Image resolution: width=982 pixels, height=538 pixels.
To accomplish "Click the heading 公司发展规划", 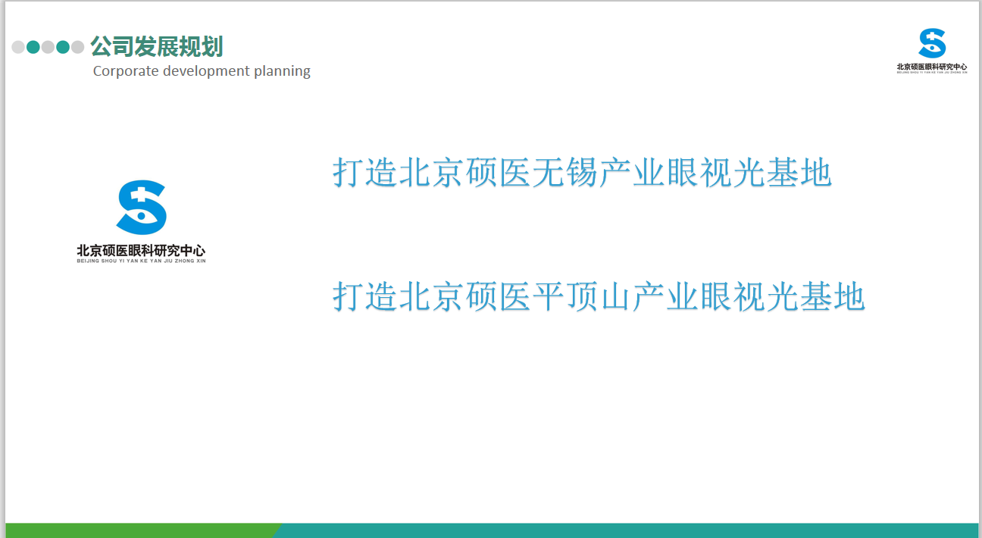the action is pos(157,46).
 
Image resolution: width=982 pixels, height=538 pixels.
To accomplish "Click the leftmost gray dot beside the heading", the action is pos(18,47).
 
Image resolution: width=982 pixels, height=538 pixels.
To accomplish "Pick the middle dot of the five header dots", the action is pos(48,47).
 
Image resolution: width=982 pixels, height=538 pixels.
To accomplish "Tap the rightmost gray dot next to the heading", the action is pos(77,47).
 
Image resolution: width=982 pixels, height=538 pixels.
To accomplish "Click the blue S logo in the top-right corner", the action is pos(932,43).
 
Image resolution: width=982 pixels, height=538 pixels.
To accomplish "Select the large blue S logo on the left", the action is pos(141,207).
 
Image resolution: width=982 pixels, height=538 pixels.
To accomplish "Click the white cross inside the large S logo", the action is pos(141,195).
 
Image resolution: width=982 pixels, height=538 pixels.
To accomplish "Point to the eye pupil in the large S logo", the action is pos(141,216).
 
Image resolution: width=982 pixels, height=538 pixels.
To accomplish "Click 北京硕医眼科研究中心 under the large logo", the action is pos(141,250).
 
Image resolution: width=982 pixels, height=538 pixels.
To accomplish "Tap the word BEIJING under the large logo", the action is pos(88,261).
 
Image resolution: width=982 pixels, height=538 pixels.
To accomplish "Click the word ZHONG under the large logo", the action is pos(184,261).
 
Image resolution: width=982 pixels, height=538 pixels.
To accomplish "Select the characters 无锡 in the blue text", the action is pos(565,172).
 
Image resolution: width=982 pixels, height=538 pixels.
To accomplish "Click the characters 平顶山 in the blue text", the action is pos(582,296).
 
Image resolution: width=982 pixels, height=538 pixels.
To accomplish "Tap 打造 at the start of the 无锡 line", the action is pos(364,172).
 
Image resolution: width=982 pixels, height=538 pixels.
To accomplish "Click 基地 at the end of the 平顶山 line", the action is pos(833,296).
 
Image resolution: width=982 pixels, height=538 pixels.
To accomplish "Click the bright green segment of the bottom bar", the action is pos(140,530).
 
